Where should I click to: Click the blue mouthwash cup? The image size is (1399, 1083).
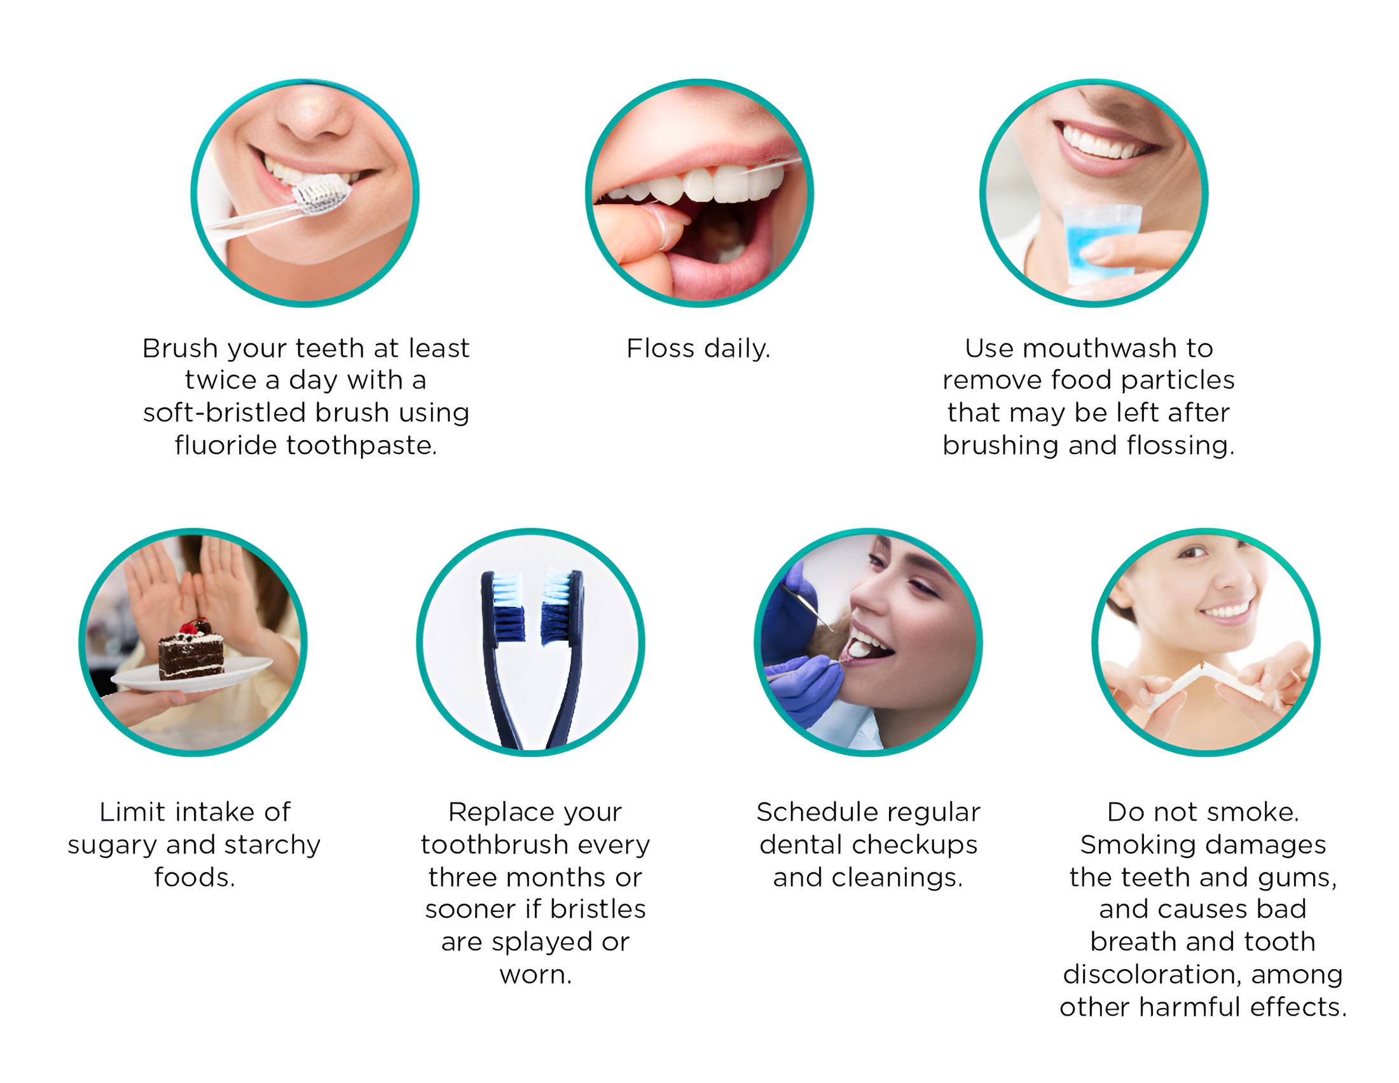[x=1100, y=244]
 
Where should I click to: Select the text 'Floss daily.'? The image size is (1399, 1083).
[x=698, y=348]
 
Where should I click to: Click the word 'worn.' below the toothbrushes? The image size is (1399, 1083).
[x=535, y=975]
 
